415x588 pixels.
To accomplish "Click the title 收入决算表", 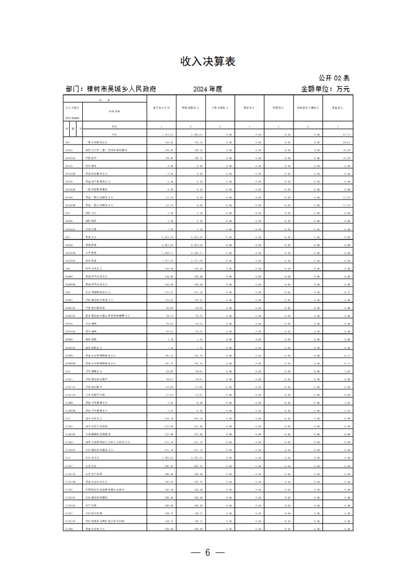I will coord(208,62).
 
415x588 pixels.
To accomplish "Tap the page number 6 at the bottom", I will coord(207,553).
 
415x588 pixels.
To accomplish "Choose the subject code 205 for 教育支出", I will coord(68,237).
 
